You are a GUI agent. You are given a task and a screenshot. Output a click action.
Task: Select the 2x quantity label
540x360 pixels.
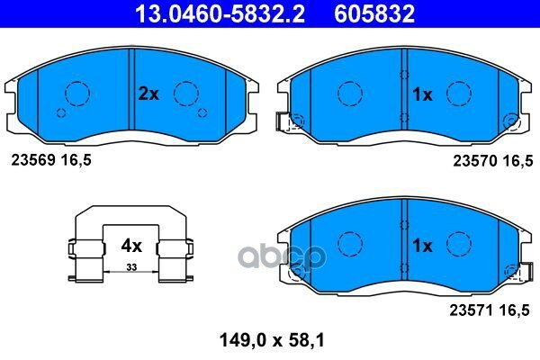(x=148, y=94)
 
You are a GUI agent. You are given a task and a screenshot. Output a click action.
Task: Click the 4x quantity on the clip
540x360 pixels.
(x=132, y=244)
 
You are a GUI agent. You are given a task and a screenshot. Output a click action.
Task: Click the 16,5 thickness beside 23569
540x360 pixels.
(x=76, y=160)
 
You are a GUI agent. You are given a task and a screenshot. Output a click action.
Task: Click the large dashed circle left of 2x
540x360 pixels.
(x=76, y=93)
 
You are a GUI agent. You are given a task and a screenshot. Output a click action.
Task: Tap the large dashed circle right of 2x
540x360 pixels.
(x=185, y=93)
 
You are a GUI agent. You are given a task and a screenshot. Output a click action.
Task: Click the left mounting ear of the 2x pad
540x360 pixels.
(x=13, y=93)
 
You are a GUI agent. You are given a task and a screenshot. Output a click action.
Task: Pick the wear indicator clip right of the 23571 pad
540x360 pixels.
(x=514, y=271)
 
